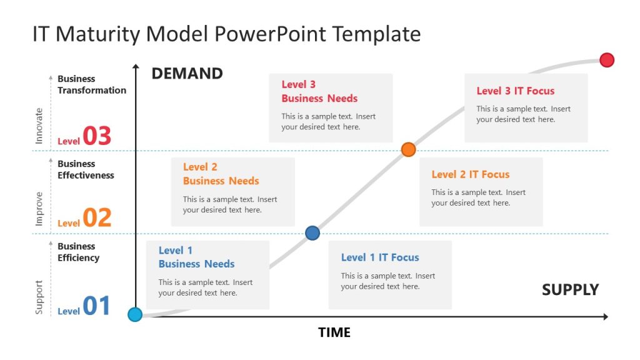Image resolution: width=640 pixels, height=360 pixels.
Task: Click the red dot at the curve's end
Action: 606,60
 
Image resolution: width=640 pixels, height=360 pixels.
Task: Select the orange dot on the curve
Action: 408,149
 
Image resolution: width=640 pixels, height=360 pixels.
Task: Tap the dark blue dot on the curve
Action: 312,233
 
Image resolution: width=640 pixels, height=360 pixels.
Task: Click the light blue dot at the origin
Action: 135,314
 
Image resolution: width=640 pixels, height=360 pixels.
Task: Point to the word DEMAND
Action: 187,74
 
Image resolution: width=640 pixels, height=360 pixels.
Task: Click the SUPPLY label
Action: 570,290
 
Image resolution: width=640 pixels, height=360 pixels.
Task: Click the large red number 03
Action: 97,136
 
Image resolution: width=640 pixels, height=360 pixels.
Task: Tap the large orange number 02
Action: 97,217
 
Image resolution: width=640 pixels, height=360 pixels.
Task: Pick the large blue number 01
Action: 96,306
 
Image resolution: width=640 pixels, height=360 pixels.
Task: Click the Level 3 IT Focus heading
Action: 515,91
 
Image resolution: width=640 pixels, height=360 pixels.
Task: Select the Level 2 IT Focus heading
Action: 470,174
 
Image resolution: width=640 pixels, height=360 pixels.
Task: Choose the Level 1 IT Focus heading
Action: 380,257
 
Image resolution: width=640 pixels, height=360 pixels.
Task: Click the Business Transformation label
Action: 91,84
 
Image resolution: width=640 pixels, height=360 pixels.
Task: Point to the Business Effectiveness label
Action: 86,169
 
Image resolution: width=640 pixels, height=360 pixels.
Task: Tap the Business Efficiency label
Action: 78,252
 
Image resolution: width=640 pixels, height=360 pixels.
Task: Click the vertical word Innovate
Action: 39,126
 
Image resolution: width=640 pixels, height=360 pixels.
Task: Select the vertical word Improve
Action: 39,209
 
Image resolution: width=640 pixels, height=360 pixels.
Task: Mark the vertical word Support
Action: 39,297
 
